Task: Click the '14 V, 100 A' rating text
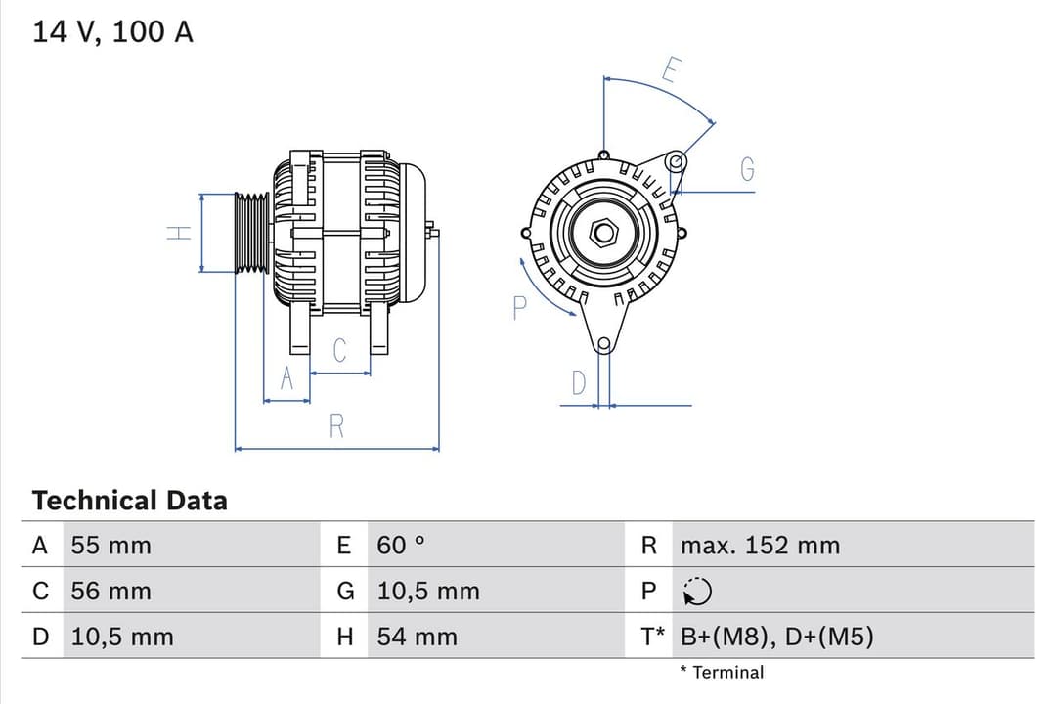pyautogui.click(x=113, y=32)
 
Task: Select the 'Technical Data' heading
pyautogui.click(x=129, y=501)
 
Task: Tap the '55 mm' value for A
pyautogui.click(x=110, y=546)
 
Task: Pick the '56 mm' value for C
pyautogui.click(x=110, y=592)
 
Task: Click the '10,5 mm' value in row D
pyautogui.click(x=121, y=638)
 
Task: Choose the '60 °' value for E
pyautogui.click(x=401, y=546)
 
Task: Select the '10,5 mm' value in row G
pyautogui.click(x=428, y=592)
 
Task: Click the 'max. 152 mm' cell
pyautogui.click(x=760, y=546)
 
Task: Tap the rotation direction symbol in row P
pyautogui.click(x=697, y=592)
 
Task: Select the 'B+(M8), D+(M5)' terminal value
pyautogui.click(x=776, y=638)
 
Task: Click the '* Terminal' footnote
pyautogui.click(x=722, y=673)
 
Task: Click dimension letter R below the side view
pyautogui.click(x=336, y=426)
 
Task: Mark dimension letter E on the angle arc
pyautogui.click(x=670, y=70)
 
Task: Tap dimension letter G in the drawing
pyautogui.click(x=747, y=170)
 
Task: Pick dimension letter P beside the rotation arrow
pyautogui.click(x=519, y=308)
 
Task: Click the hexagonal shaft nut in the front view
pyautogui.click(x=604, y=232)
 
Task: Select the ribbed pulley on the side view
pyautogui.click(x=251, y=233)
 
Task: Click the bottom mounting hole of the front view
pyautogui.click(x=604, y=343)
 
